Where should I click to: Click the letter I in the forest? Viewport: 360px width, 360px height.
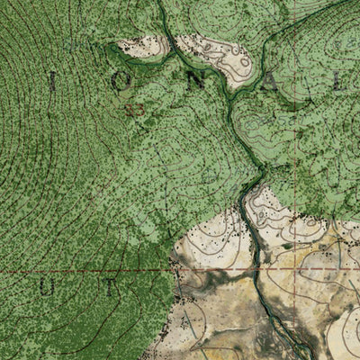click(x=51, y=83)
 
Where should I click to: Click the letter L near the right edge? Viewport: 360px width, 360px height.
click(x=337, y=83)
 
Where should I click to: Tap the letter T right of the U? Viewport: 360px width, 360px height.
click(x=110, y=289)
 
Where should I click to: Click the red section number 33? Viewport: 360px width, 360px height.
click(x=137, y=110)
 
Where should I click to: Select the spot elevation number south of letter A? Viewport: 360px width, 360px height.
click(x=286, y=118)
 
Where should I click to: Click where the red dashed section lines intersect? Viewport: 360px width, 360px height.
click(x=296, y=269)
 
